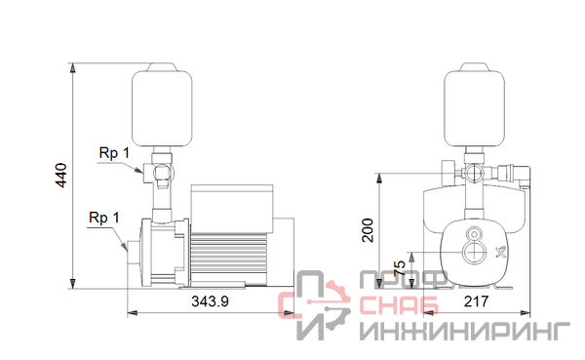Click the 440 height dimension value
click(x=60, y=176)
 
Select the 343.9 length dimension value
click(x=210, y=301)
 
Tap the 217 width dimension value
click(x=476, y=301)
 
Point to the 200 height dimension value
click(x=368, y=230)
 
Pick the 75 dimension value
click(x=399, y=268)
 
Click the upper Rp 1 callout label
click(x=114, y=153)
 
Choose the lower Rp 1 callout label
click(x=104, y=218)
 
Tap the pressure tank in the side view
click(x=162, y=105)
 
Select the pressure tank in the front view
click(x=474, y=105)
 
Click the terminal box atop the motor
click(x=232, y=208)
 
